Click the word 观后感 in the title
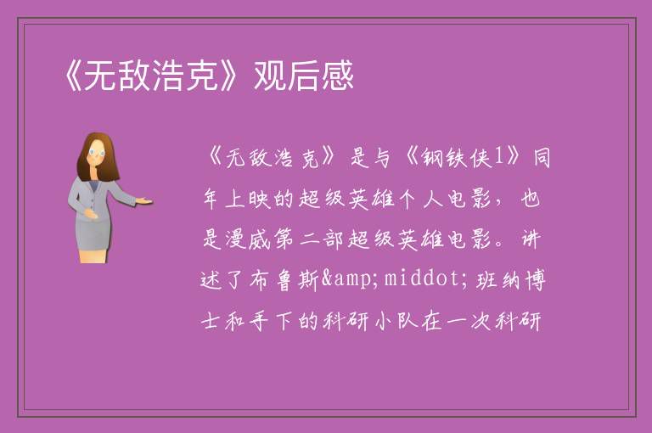[x=304, y=76]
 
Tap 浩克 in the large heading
[x=185, y=76]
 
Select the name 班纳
[x=497, y=280]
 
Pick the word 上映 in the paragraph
[x=248, y=200]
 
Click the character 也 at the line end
[x=531, y=200]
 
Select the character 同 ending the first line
[x=542, y=158]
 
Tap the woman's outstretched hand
[x=143, y=201]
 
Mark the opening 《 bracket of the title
[x=73, y=76]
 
